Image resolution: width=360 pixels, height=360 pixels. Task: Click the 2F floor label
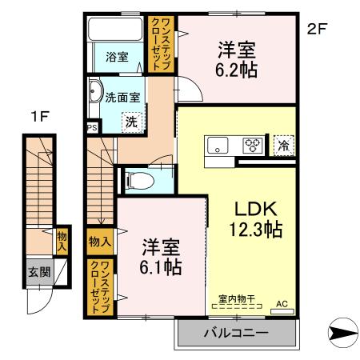(317, 30)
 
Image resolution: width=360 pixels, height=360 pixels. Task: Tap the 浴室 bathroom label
(117, 56)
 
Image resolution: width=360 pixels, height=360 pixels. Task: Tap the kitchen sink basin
(218, 146)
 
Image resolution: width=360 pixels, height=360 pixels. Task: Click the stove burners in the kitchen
(252, 146)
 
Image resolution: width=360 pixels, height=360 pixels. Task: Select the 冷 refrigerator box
(282, 145)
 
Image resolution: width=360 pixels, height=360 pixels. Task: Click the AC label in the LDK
(281, 304)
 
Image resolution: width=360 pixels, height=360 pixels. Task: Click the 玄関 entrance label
(38, 271)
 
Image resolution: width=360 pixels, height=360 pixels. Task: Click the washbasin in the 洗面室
(96, 91)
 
